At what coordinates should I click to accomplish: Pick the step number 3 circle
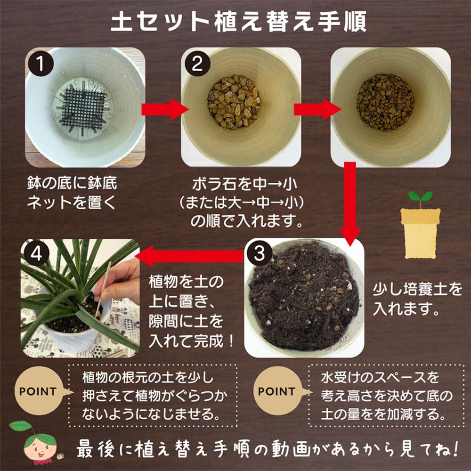click(260, 255)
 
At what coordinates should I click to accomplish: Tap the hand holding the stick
click(120, 283)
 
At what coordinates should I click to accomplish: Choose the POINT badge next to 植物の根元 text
click(38, 391)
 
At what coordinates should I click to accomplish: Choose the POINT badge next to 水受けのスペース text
click(276, 391)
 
